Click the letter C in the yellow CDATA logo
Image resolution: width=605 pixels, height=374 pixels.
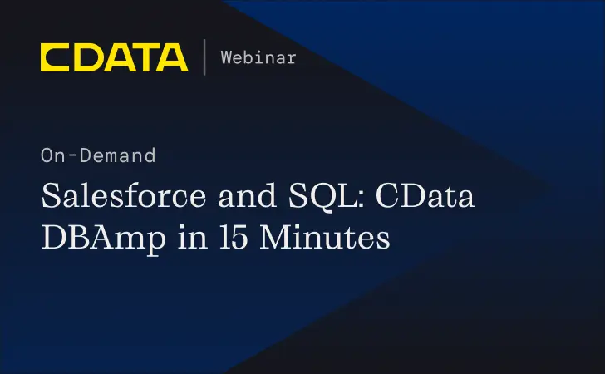click(55, 57)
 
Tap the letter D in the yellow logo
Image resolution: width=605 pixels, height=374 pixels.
click(85, 57)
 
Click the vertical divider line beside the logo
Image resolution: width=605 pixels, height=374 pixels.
click(204, 57)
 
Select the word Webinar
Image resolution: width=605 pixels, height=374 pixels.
click(258, 57)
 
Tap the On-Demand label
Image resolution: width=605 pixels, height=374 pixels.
click(97, 155)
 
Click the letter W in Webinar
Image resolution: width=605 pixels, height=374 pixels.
click(227, 57)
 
